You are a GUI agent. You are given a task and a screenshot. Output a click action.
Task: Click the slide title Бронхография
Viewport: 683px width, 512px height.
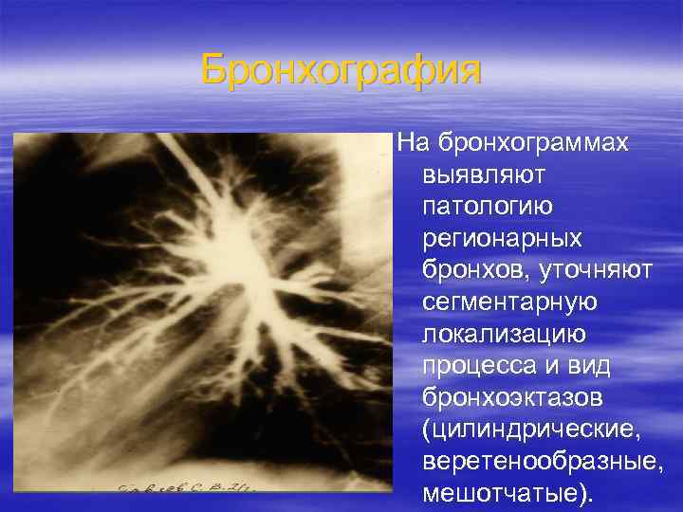pyautogui.click(x=341, y=70)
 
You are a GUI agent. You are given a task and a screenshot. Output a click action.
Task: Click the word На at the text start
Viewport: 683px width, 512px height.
pyautogui.click(x=413, y=142)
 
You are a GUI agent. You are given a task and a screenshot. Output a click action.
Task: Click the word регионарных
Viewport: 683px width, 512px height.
pyautogui.click(x=503, y=238)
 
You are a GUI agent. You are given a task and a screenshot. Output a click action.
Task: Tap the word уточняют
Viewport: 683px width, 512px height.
pyautogui.click(x=597, y=270)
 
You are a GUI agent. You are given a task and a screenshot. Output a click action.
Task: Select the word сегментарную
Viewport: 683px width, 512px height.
pyautogui.click(x=509, y=302)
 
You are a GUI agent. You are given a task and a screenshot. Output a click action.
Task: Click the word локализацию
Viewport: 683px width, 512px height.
pyautogui.click(x=504, y=335)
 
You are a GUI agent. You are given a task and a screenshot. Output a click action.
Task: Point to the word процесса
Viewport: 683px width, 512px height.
pyautogui.click(x=477, y=367)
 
